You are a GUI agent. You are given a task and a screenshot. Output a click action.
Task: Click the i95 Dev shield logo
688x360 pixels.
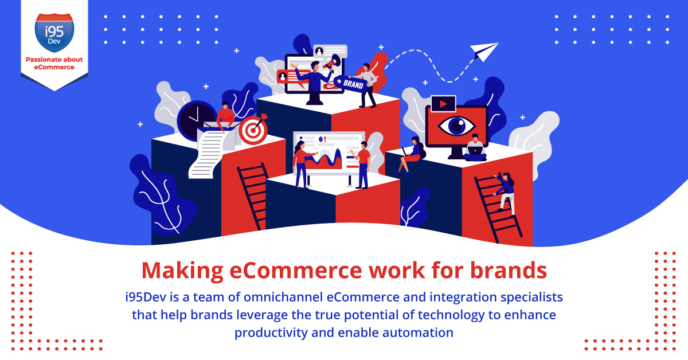point(54,32)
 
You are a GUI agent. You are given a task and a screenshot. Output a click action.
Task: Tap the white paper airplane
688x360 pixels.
point(484,51)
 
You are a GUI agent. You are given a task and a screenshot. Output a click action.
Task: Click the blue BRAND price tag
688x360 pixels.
point(351,83)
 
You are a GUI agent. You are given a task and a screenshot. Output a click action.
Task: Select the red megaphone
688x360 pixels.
point(333,63)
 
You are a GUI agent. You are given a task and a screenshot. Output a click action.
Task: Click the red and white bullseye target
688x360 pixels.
point(253,131)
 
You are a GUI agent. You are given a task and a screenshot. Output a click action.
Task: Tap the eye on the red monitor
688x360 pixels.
point(457,126)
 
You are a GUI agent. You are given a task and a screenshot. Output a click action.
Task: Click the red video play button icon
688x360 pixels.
point(443,104)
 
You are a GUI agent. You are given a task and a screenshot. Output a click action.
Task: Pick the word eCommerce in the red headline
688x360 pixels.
point(296,271)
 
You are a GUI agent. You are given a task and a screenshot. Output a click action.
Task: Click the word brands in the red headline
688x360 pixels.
point(509,270)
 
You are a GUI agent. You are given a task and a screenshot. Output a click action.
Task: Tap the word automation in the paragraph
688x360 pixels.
point(418,332)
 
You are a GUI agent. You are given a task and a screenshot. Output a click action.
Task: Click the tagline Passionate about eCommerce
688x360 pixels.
point(54,63)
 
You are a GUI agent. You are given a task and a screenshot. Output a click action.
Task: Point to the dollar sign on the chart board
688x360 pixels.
point(320,139)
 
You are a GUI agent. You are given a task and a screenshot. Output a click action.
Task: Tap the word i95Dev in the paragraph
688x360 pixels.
point(146,297)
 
